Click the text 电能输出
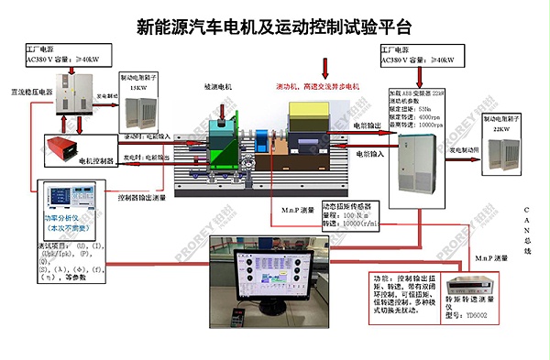(370, 124)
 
